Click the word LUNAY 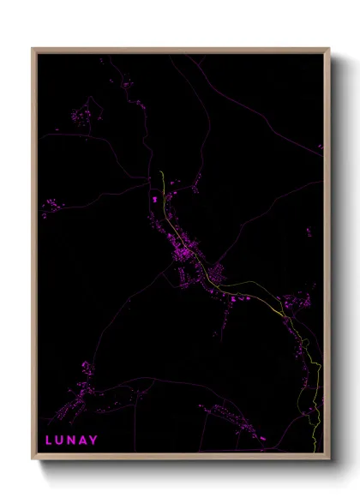pos(72,441)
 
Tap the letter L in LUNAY pos(49,441)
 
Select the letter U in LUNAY pos(60,441)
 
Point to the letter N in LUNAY pos(72,441)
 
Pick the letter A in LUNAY pos(83,441)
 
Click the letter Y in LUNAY pos(94,441)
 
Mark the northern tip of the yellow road pos(161,172)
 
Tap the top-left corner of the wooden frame pos(33,49)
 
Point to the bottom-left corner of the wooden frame pos(33,459)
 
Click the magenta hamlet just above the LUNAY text pos(86,390)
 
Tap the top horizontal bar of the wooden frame pos(180,50)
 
